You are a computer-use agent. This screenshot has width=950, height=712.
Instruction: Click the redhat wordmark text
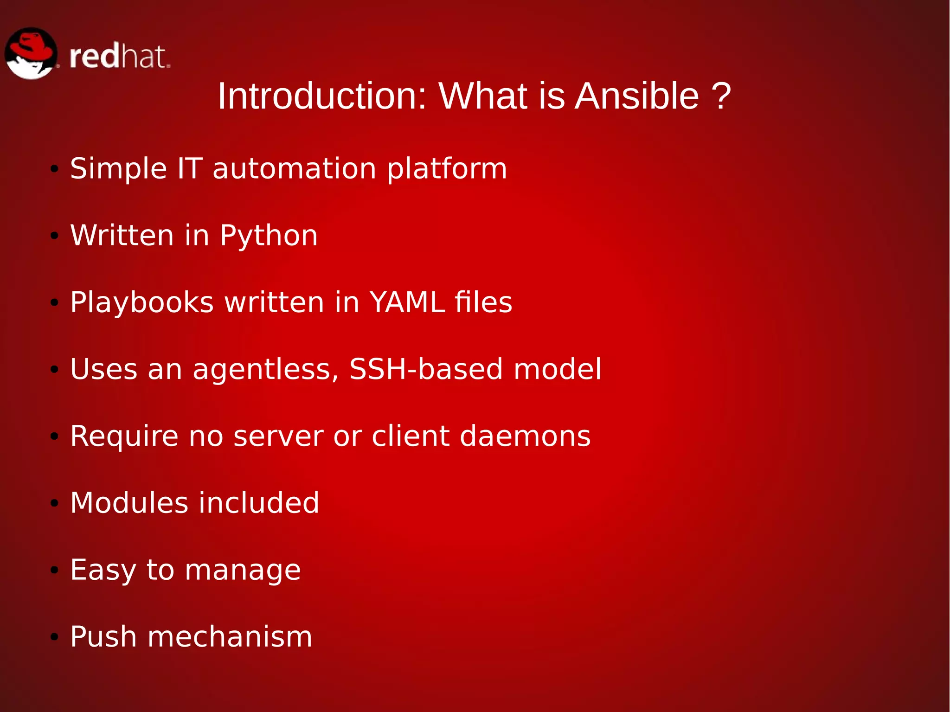click(x=120, y=57)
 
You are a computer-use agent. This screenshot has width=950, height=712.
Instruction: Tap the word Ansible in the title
click(x=636, y=96)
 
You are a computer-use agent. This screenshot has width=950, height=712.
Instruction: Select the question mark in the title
click(x=722, y=96)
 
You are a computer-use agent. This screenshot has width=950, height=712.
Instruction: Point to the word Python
click(x=269, y=236)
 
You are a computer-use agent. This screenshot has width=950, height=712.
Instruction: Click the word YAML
click(x=407, y=302)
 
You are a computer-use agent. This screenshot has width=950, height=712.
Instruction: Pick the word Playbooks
click(x=142, y=303)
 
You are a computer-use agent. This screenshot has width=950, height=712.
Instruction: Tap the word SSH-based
click(x=426, y=369)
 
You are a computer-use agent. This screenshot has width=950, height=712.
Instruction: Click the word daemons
click(x=525, y=436)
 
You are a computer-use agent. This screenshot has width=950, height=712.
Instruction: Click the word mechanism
click(x=230, y=636)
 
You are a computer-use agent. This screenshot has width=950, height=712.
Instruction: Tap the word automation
click(x=294, y=168)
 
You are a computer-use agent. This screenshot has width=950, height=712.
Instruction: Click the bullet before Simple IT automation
click(x=55, y=169)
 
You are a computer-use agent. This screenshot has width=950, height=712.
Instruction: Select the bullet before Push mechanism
click(x=55, y=637)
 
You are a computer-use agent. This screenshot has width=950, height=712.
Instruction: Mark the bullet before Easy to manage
click(x=55, y=570)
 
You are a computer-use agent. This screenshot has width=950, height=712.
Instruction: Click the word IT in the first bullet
click(x=190, y=168)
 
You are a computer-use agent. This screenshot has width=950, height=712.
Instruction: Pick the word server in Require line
click(x=278, y=436)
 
